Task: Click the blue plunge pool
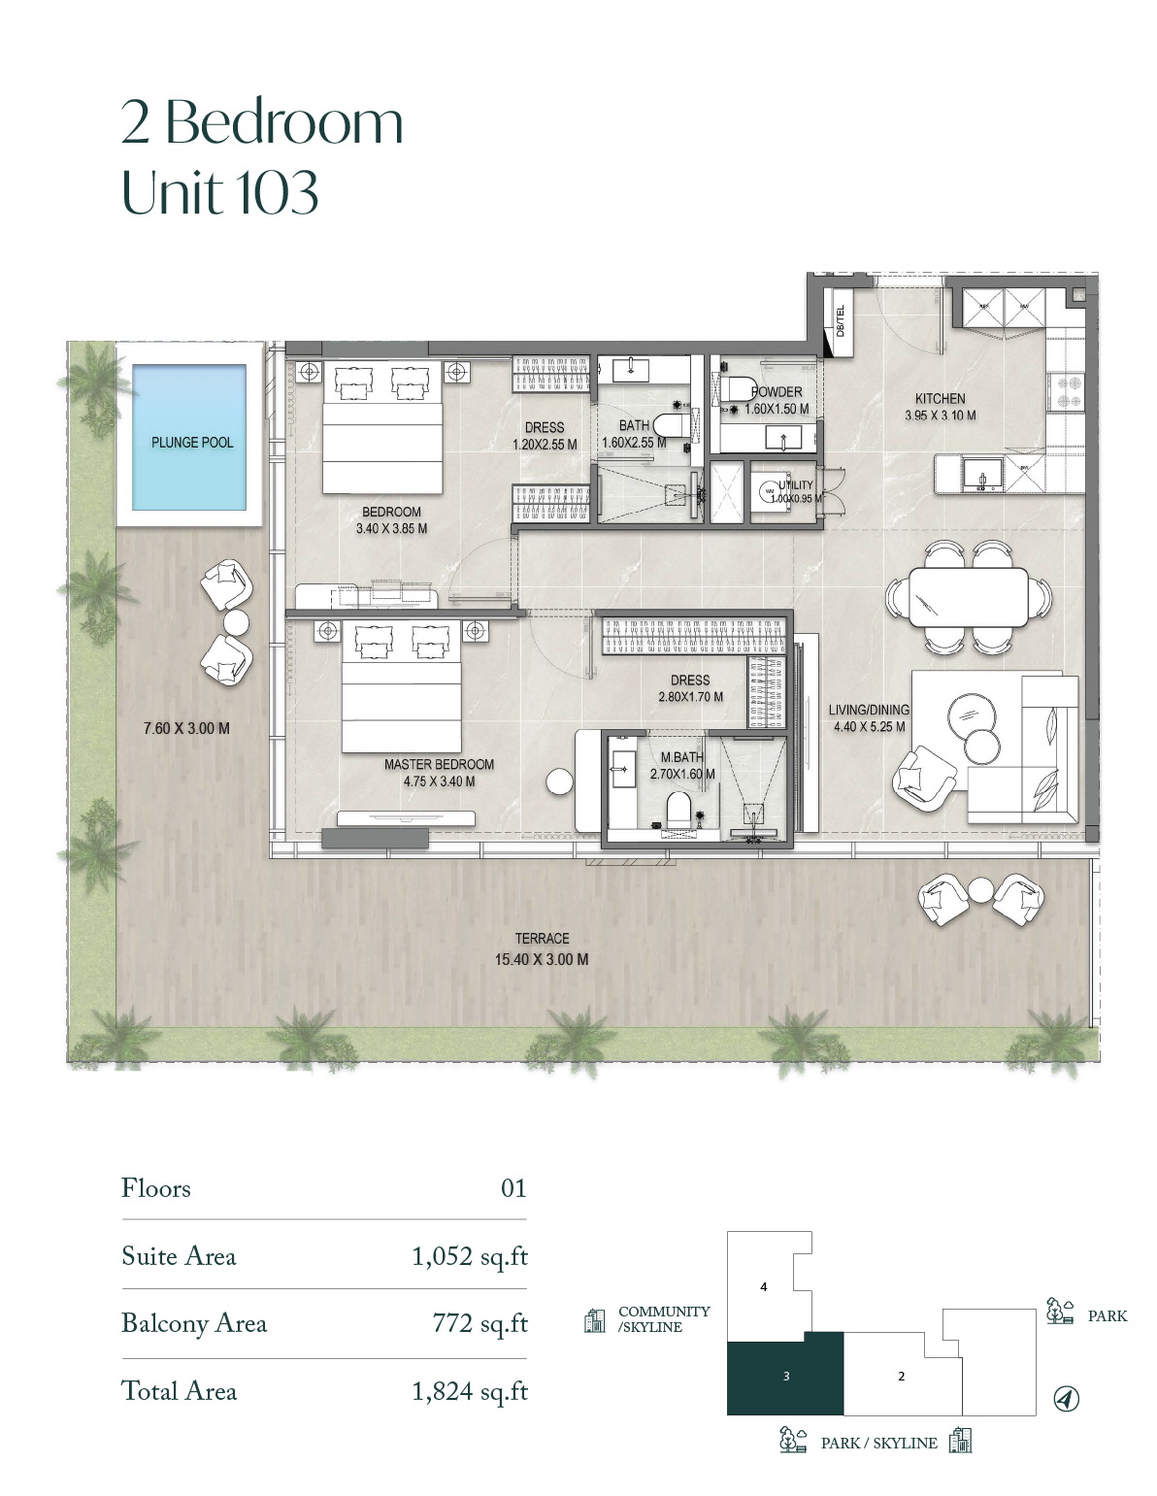(188, 437)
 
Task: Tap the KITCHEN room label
(940, 399)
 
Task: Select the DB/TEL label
(839, 320)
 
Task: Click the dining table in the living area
(968, 597)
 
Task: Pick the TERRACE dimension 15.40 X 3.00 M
(541, 959)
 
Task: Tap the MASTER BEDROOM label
(439, 764)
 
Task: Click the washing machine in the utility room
(769, 491)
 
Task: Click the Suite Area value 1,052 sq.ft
(470, 1257)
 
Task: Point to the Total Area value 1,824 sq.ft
(470, 1391)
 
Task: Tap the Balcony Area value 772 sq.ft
(479, 1323)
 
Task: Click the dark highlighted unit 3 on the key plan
(784, 1374)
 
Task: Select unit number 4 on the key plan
(763, 1286)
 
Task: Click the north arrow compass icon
(1066, 1398)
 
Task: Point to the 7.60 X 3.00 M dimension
(186, 728)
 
